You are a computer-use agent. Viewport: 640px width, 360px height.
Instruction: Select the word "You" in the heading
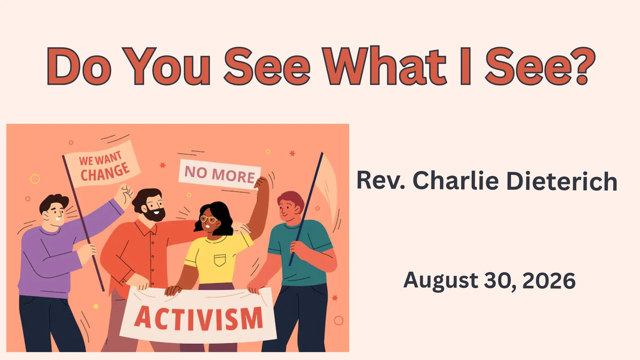tap(166, 67)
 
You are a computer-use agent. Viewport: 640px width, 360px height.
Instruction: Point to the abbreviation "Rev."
tap(381, 180)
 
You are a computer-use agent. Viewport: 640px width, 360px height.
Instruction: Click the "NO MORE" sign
tap(220, 174)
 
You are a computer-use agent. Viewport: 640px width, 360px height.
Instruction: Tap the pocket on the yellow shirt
tap(220, 260)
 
